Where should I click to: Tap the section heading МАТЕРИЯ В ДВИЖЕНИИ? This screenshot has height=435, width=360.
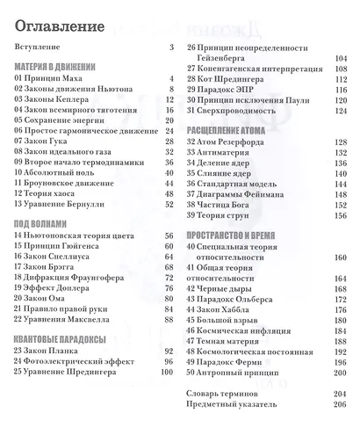point(54,66)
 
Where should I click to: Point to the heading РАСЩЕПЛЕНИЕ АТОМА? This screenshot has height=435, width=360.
point(226,128)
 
